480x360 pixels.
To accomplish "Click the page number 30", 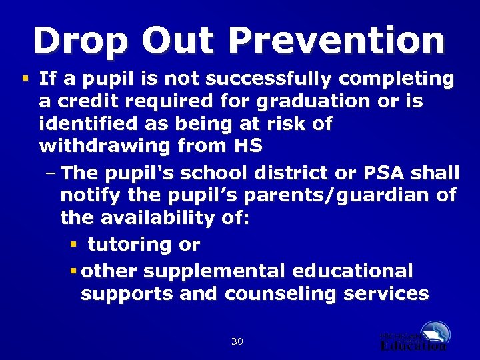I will click(x=237, y=342).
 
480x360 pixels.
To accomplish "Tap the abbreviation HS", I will click(x=247, y=146).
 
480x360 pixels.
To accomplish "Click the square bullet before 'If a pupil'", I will click(x=25, y=79).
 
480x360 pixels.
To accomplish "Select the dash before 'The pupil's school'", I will click(x=52, y=173).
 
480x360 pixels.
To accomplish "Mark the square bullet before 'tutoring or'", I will click(x=73, y=244).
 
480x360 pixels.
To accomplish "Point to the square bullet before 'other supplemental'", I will click(x=73, y=271).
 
